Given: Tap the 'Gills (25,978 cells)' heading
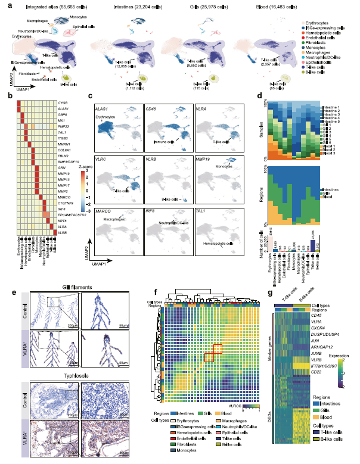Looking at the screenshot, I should (205, 7).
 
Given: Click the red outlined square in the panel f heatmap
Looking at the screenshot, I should (218, 350).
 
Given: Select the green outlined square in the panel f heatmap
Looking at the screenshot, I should (209, 357).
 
